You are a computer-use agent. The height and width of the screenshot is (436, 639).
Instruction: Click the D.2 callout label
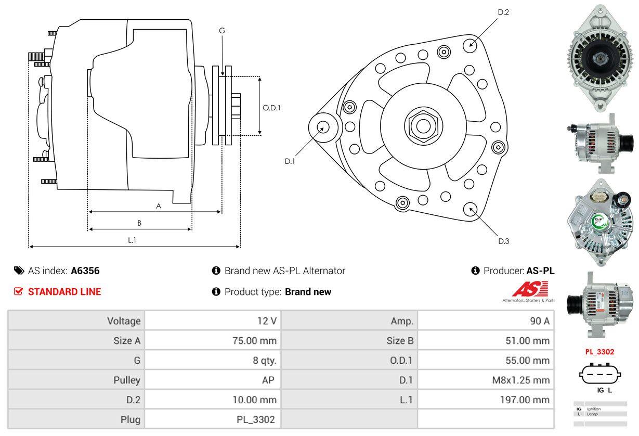503,12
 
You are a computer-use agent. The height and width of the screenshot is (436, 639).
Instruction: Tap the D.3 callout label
503,241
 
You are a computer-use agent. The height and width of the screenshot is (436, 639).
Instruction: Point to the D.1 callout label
290,161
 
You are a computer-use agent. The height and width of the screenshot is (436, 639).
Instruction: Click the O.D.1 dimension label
271,108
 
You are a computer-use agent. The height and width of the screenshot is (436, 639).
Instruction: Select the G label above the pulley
222,31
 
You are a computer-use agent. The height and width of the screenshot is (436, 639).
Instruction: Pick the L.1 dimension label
132,240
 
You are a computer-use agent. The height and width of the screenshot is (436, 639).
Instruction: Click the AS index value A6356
85,271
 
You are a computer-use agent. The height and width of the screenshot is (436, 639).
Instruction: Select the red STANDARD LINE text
64,292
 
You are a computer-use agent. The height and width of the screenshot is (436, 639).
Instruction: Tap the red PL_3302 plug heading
599,352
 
